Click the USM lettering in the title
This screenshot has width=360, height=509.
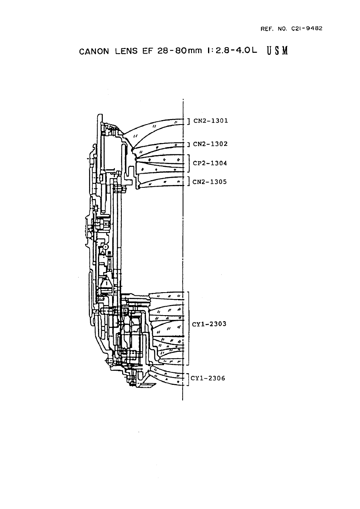coord(277,52)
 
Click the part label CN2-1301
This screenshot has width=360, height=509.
coord(211,120)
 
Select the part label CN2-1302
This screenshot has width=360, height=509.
coord(210,144)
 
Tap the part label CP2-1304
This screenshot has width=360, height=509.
coord(210,163)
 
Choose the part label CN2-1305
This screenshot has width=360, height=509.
coord(210,182)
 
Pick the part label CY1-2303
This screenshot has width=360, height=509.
coord(210,324)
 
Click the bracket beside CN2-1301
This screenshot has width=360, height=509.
coord(189,120)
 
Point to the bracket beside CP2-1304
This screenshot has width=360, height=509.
coord(189,163)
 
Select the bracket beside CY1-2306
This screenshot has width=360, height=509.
coord(188,379)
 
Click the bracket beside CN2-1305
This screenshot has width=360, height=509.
coord(189,181)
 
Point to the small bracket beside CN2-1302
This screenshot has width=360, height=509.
coord(189,144)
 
